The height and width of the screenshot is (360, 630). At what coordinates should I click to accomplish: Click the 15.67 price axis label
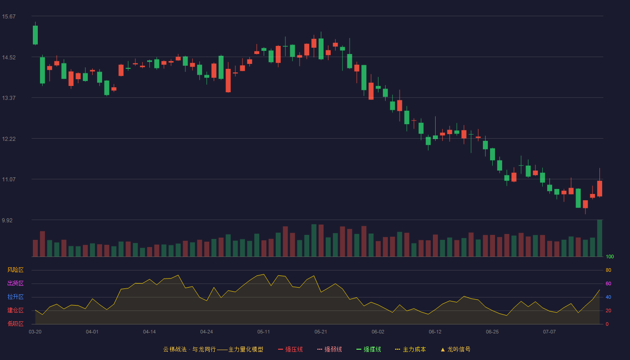[x=9, y=17]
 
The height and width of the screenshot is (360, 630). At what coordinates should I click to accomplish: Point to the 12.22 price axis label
[x=9, y=139]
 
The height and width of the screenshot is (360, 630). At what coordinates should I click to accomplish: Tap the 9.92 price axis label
[x=7, y=220]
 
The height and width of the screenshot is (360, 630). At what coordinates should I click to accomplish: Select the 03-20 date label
[x=35, y=332]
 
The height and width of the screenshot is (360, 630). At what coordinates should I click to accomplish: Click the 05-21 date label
[x=320, y=332]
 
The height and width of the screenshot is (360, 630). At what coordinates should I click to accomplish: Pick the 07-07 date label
[x=549, y=332]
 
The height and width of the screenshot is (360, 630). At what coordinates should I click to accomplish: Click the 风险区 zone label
[x=15, y=270]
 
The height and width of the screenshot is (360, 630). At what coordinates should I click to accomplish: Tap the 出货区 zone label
[x=15, y=283]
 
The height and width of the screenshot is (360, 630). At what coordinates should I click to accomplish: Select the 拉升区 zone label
[x=15, y=297]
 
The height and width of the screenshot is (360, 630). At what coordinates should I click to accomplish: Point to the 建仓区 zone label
[x=15, y=310]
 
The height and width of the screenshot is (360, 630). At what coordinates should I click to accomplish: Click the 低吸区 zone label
[x=15, y=324]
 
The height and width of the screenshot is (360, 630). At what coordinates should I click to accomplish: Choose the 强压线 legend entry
[x=290, y=349]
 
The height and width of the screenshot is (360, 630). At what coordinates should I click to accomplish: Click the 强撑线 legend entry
[x=369, y=349]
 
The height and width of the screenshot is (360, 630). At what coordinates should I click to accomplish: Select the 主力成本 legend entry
[x=410, y=349]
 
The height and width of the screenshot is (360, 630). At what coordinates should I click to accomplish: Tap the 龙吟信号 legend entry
[x=455, y=349]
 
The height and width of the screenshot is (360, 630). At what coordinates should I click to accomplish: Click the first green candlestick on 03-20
[x=35, y=35]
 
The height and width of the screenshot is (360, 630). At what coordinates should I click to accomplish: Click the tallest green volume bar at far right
[x=599, y=238]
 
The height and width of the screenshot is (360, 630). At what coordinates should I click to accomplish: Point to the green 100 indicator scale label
[x=610, y=256]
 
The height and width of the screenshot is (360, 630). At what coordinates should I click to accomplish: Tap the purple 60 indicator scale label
[x=608, y=283]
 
